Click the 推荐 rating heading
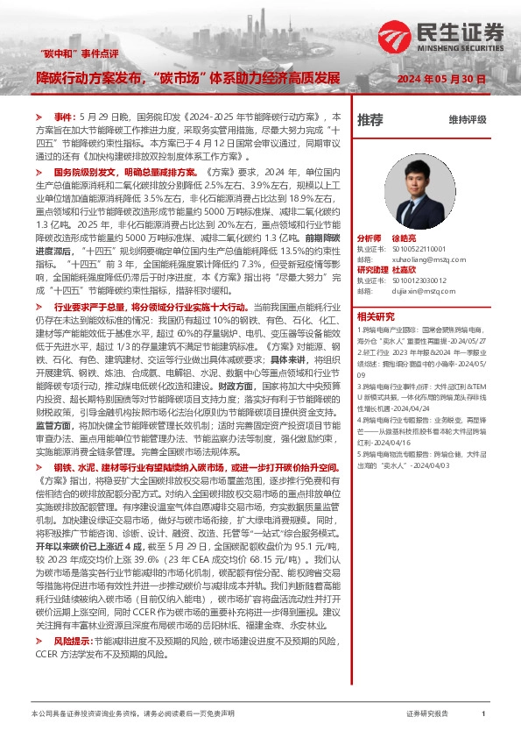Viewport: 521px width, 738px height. pyautogui.click(x=370, y=119)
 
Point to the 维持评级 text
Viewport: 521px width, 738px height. pyautogui.click(x=467, y=119)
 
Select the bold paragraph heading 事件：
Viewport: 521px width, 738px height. pyautogui.click(x=65, y=116)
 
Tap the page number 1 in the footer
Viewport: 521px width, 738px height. pyautogui.click(x=482, y=714)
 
